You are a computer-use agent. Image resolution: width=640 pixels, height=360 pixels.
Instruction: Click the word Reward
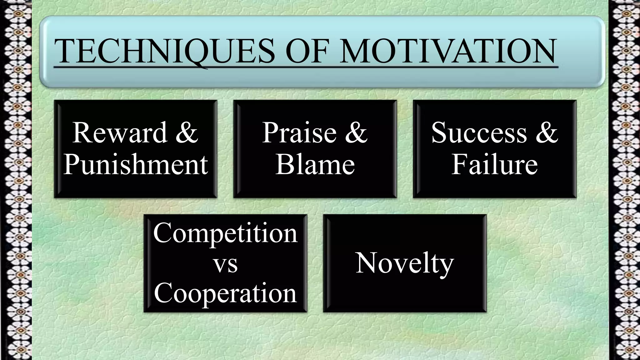120,133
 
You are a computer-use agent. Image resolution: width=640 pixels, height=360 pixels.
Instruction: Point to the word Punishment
136,164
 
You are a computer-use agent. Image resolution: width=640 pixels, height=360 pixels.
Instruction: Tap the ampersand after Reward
187,133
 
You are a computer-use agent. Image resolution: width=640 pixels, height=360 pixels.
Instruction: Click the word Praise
299,133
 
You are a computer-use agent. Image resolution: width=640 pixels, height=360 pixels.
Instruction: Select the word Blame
315,164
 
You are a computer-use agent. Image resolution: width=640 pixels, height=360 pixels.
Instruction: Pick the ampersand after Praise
356,133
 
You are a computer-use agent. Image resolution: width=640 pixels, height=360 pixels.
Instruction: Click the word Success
479,133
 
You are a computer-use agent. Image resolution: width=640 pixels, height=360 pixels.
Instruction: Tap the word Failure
494,164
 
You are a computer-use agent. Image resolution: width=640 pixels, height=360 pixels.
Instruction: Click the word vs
225,264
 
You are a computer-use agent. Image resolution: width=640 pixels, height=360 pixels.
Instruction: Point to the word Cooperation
225,293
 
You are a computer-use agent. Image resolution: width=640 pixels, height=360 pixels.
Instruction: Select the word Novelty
405,263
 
